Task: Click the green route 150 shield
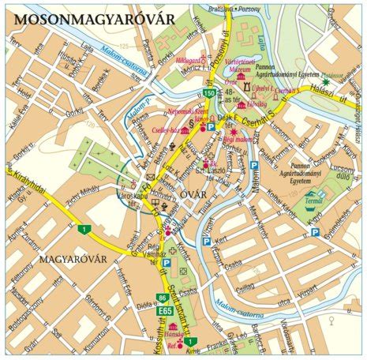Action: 208,93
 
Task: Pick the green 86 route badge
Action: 162,298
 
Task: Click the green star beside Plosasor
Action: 324,82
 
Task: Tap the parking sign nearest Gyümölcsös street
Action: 315,232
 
